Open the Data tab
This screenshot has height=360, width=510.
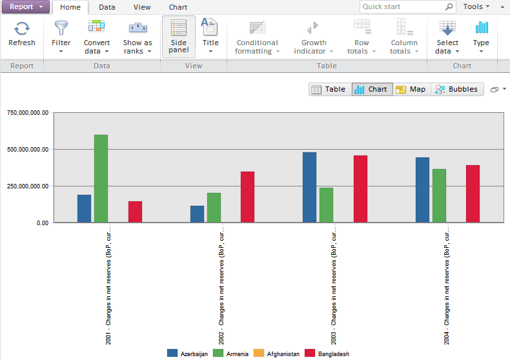107,7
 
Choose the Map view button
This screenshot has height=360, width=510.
411,90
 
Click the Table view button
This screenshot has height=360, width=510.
329,90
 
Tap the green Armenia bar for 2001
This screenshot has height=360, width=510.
101,178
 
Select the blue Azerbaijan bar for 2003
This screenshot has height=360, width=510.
310,187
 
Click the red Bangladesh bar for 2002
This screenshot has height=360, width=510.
247,197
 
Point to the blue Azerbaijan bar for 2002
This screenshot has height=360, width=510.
197,214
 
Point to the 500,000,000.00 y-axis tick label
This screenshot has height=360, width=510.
28,150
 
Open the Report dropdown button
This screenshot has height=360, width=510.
25,6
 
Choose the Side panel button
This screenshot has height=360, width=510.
179,37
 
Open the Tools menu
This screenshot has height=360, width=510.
476,7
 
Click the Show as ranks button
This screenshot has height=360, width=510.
138,37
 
